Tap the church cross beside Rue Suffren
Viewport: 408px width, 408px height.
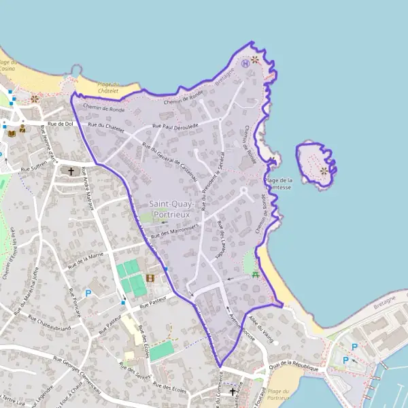71,171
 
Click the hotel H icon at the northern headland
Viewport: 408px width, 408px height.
245,63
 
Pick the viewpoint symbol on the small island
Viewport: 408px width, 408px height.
324,171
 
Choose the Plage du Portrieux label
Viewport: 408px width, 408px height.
278,394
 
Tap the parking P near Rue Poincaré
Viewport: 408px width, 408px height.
88,293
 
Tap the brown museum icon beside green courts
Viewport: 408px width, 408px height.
150,277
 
